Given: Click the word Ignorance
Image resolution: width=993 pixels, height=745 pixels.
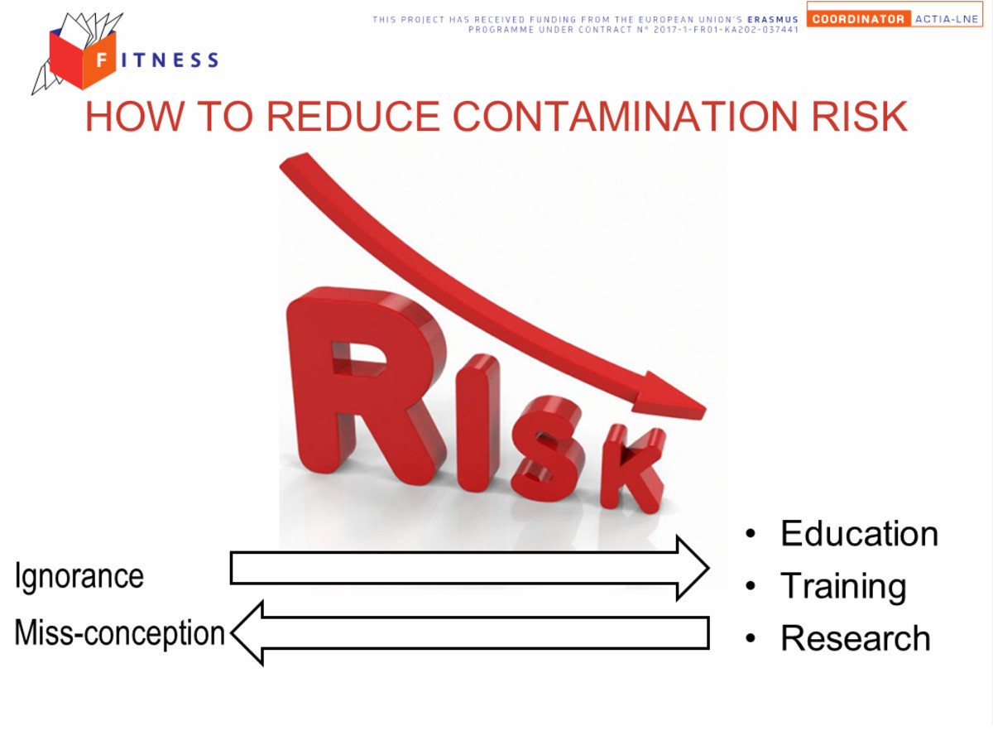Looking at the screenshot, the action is (79, 577).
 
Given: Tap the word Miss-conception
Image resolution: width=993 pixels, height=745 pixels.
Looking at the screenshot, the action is (120, 633).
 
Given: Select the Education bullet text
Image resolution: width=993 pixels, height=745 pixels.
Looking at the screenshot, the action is (859, 534).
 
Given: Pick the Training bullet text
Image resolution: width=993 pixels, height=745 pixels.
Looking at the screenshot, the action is (843, 587).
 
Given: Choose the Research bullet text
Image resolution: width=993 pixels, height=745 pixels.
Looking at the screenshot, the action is (856, 638).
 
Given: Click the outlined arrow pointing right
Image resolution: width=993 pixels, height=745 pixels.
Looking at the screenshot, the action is (469, 568).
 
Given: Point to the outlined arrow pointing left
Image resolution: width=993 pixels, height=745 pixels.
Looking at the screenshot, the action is (469, 633).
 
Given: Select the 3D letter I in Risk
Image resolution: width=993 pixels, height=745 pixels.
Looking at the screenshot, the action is (477, 423).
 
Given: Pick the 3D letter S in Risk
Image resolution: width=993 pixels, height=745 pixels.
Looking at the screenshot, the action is (548, 449).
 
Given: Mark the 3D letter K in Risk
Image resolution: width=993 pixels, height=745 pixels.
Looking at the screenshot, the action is (633, 469).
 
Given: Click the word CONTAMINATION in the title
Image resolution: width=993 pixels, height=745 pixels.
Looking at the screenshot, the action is (625, 117).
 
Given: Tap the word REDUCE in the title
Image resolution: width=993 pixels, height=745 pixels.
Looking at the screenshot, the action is (353, 117).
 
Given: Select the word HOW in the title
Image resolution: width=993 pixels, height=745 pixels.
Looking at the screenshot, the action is (135, 117).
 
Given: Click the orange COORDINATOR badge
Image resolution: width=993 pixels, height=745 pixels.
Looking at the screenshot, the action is (858, 19).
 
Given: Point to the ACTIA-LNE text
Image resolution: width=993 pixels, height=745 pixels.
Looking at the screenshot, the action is (947, 19).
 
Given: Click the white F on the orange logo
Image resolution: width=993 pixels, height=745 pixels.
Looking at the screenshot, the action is (101, 60).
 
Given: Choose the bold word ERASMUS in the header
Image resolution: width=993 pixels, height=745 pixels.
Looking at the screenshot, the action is (773, 20).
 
